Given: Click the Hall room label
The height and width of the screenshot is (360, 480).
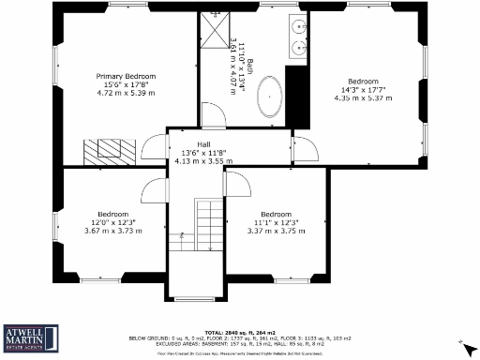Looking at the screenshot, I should (203, 145).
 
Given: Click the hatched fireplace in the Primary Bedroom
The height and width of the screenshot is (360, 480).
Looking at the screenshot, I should (104, 150).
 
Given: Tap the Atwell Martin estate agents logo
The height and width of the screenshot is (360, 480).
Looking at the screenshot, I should (31, 338).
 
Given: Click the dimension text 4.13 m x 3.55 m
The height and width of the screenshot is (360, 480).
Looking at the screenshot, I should (203, 161).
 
